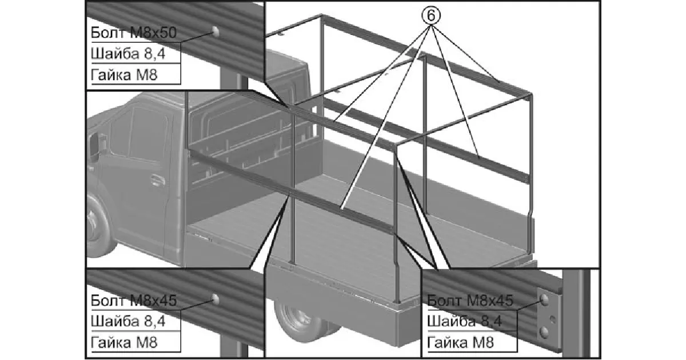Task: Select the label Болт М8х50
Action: (x=133, y=33)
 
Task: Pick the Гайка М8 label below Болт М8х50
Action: (x=123, y=74)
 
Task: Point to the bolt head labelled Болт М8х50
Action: (x=216, y=31)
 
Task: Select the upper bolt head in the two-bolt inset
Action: (x=545, y=299)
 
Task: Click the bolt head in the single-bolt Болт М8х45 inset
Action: (x=216, y=298)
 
